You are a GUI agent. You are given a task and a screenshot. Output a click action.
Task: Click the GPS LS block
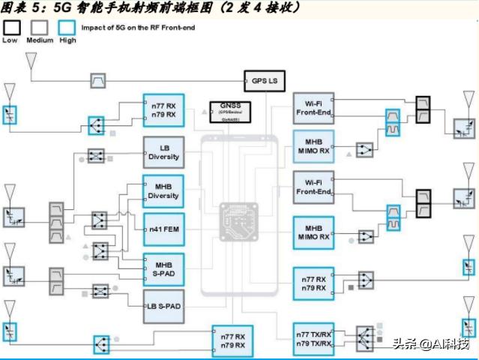(x=265, y=79)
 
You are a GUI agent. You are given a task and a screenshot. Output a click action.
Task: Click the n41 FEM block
(x=163, y=228)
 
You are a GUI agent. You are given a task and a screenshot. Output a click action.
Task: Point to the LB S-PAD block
(x=163, y=306)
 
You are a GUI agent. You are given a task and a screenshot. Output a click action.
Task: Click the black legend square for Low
(x=11, y=28)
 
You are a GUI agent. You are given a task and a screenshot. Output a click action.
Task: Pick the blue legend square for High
(x=67, y=28)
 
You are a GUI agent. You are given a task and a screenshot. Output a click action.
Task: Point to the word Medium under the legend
(x=39, y=40)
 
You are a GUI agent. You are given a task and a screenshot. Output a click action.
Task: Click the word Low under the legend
(x=10, y=40)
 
